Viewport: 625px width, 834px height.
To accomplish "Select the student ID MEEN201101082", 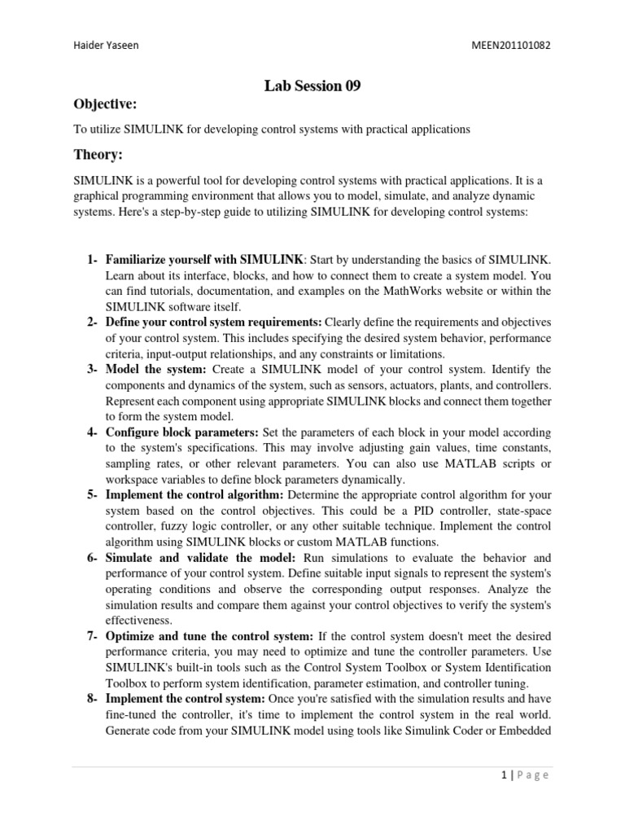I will (x=510, y=46).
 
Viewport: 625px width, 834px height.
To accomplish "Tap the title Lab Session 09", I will (x=312, y=86).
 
